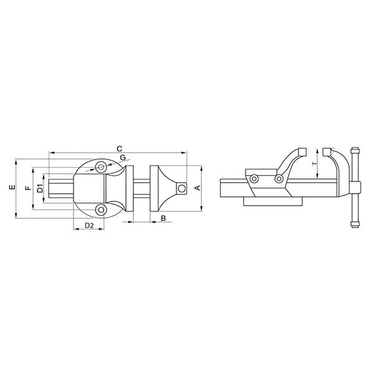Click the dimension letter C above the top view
(x=118, y=148)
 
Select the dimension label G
(x=123, y=157)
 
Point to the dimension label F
(x=27, y=188)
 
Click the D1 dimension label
(x=39, y=188)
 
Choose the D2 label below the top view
(x=89, y=224)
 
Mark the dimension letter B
(x=163, y=218)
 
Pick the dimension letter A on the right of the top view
(x=198, y=188)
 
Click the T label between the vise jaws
(x=315, y=163)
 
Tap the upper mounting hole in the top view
(x=100, y=166)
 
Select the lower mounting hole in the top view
(x=100, y=209)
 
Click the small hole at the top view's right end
(x=181, y=187)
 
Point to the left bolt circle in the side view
(x=254, y=180)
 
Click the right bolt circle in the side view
(x=279, y=180)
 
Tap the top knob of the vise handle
(x=355, y=152)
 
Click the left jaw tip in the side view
(x=302, y=151)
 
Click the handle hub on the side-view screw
(x=354, y=188)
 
